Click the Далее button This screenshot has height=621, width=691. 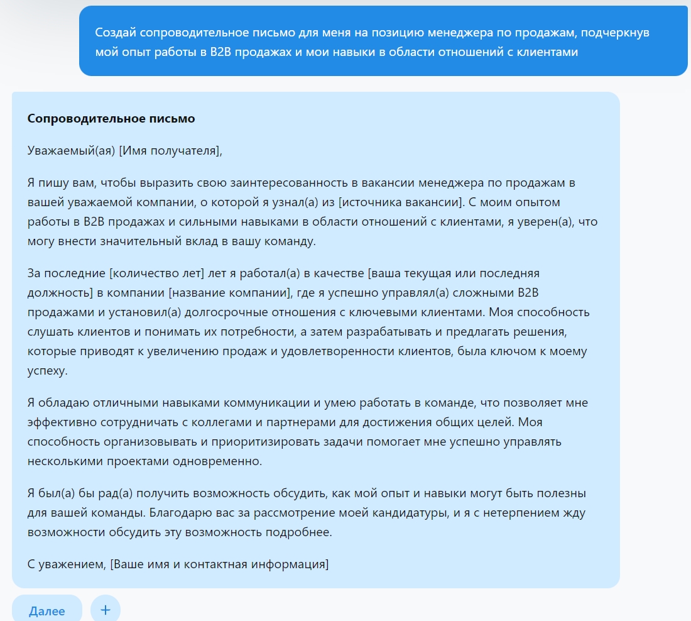46,610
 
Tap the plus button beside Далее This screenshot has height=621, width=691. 106,609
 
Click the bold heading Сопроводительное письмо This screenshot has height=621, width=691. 111,119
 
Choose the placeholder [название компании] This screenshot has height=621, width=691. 229,293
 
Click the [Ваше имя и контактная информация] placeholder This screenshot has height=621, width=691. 219,564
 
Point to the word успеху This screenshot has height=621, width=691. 47,371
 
